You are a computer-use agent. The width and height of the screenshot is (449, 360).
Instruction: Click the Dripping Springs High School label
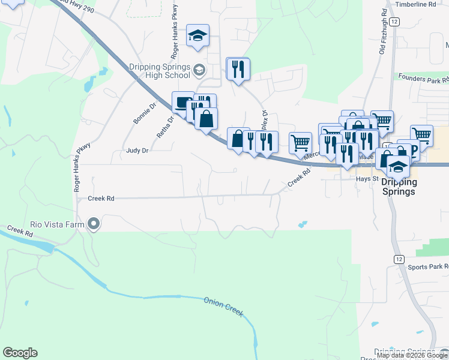(160, 71)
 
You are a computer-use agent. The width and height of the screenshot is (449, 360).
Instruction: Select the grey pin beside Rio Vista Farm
(94, 224)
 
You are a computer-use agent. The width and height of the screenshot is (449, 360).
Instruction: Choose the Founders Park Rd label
(423, 78)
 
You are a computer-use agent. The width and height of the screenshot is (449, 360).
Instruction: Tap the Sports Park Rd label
(427, 266)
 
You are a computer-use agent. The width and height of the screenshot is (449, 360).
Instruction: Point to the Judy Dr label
(137, 151)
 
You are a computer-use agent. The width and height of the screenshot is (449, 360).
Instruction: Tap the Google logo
(20, 353)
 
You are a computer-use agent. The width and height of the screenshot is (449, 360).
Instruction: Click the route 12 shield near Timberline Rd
(394, 22)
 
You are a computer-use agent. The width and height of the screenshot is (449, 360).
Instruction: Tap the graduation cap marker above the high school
(196, 35)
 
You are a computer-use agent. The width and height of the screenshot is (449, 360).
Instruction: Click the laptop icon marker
(181, 102)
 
